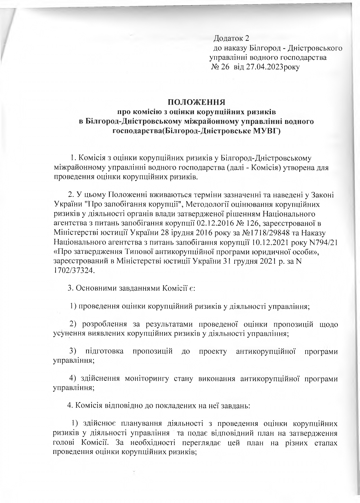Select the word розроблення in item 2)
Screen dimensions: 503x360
[x=103, y=324]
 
